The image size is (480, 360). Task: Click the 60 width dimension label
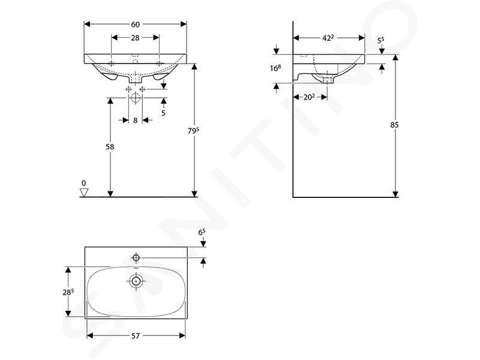[136, 24]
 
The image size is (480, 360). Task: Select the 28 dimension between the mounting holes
[135, 38]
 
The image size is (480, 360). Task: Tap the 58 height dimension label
[110, 147]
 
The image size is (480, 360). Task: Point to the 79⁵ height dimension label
[193, 131]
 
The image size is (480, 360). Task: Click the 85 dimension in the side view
[395, 125]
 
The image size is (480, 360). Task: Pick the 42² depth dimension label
[328, 38]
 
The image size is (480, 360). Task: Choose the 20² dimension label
[309, 97]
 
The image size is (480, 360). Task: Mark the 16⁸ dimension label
[275, 68]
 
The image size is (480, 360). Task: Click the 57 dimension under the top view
[136, 336]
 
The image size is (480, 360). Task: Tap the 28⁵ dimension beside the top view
[68, 292]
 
